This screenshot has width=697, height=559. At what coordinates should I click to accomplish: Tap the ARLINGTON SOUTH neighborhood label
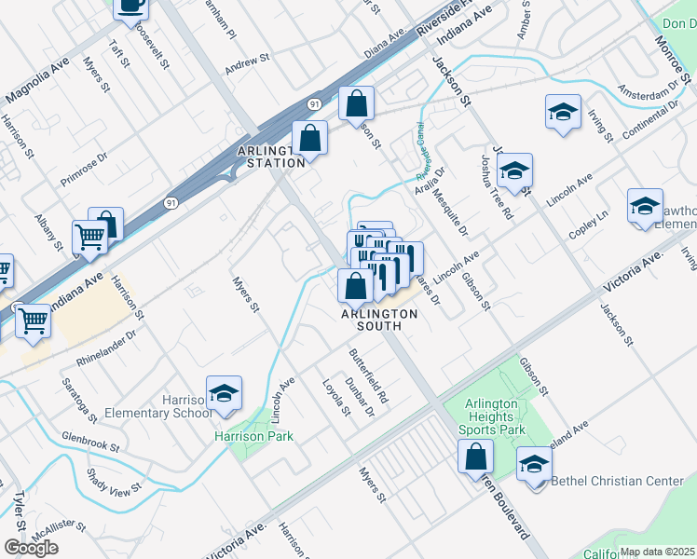click(x=378, y=320)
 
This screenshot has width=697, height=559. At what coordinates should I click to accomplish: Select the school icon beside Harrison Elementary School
click(x=224, y=395)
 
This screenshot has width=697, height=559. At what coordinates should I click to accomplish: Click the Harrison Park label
click(x=253, y=436)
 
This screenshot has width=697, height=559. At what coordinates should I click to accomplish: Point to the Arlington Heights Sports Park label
click(x=492, y=416)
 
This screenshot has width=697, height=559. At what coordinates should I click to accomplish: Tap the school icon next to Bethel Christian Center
click(x=534, y=466)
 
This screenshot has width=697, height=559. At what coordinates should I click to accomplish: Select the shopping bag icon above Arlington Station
click(x=309, y=140)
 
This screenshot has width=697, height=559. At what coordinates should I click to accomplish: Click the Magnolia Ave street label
click(x=39, y=83)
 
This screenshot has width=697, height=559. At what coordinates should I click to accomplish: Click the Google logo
click(x=31, y=547)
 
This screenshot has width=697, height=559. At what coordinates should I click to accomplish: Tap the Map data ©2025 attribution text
click(x=657, y=552)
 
